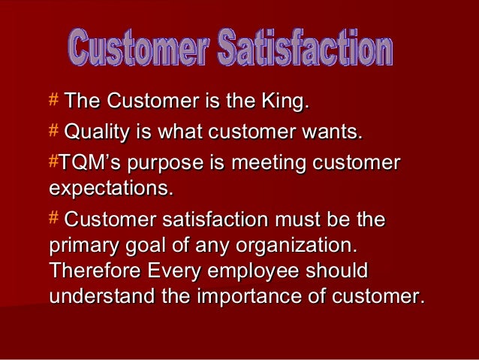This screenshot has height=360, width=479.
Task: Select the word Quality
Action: click(x=98, y=134)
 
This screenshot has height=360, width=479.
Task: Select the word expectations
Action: click(x=110, y=186)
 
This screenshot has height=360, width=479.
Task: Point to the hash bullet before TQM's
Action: click(x=53, y=163)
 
